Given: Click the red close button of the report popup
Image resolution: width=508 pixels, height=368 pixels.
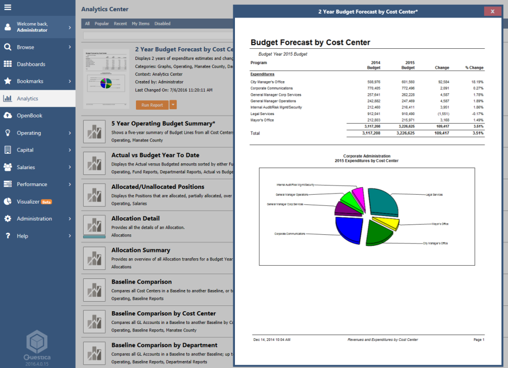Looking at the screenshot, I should tap(492, 11).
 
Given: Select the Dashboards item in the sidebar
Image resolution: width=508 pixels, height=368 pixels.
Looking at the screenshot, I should tap(31, 64).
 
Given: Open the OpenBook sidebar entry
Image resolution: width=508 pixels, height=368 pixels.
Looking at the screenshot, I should tap(29, 116).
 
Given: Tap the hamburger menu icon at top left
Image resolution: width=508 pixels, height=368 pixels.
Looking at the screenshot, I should tap(8, 7).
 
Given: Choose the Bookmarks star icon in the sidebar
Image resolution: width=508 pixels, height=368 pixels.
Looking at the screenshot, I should tap(7, 81).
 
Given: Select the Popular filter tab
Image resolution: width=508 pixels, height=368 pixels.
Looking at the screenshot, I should tap(102, 24).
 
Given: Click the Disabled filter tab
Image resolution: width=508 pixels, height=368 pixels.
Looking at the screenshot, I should tap(162, 24).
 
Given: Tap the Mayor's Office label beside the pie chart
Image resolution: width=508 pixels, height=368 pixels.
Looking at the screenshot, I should tap(440, 224).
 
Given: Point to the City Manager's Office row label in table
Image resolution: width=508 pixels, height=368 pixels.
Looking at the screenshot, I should tap(268, 82).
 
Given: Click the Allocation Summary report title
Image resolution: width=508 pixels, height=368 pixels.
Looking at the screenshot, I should tap(141, 250).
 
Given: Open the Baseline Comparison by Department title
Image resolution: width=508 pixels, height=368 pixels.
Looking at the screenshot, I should tap(164, 345).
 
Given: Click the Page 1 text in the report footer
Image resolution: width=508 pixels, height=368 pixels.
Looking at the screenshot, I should tap(478, 339).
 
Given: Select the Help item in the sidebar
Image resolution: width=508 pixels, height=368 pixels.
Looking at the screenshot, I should tap(22, 236).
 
